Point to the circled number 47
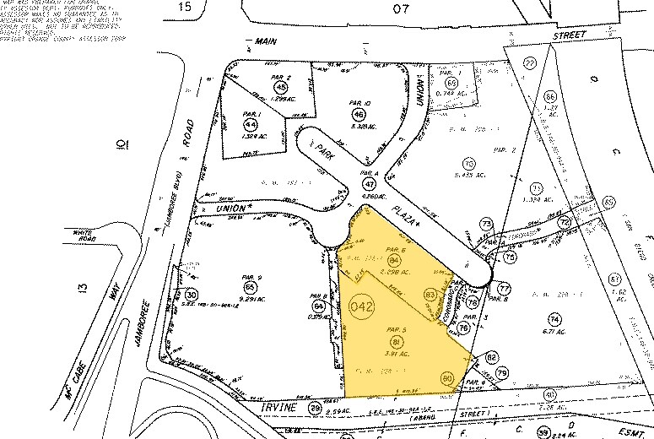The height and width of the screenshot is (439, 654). pyautogui.click(x=369, y=183)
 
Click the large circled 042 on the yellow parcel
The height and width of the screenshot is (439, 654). pyautogui.click(x=359, y=308)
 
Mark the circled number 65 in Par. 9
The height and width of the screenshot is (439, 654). pyautogui.click(x=248, y=287)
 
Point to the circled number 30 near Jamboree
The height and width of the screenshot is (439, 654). pyautogui.click(x=192, y=295)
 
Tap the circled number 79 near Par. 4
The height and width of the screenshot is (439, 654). pyautogui.click(x=502, y=372)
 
